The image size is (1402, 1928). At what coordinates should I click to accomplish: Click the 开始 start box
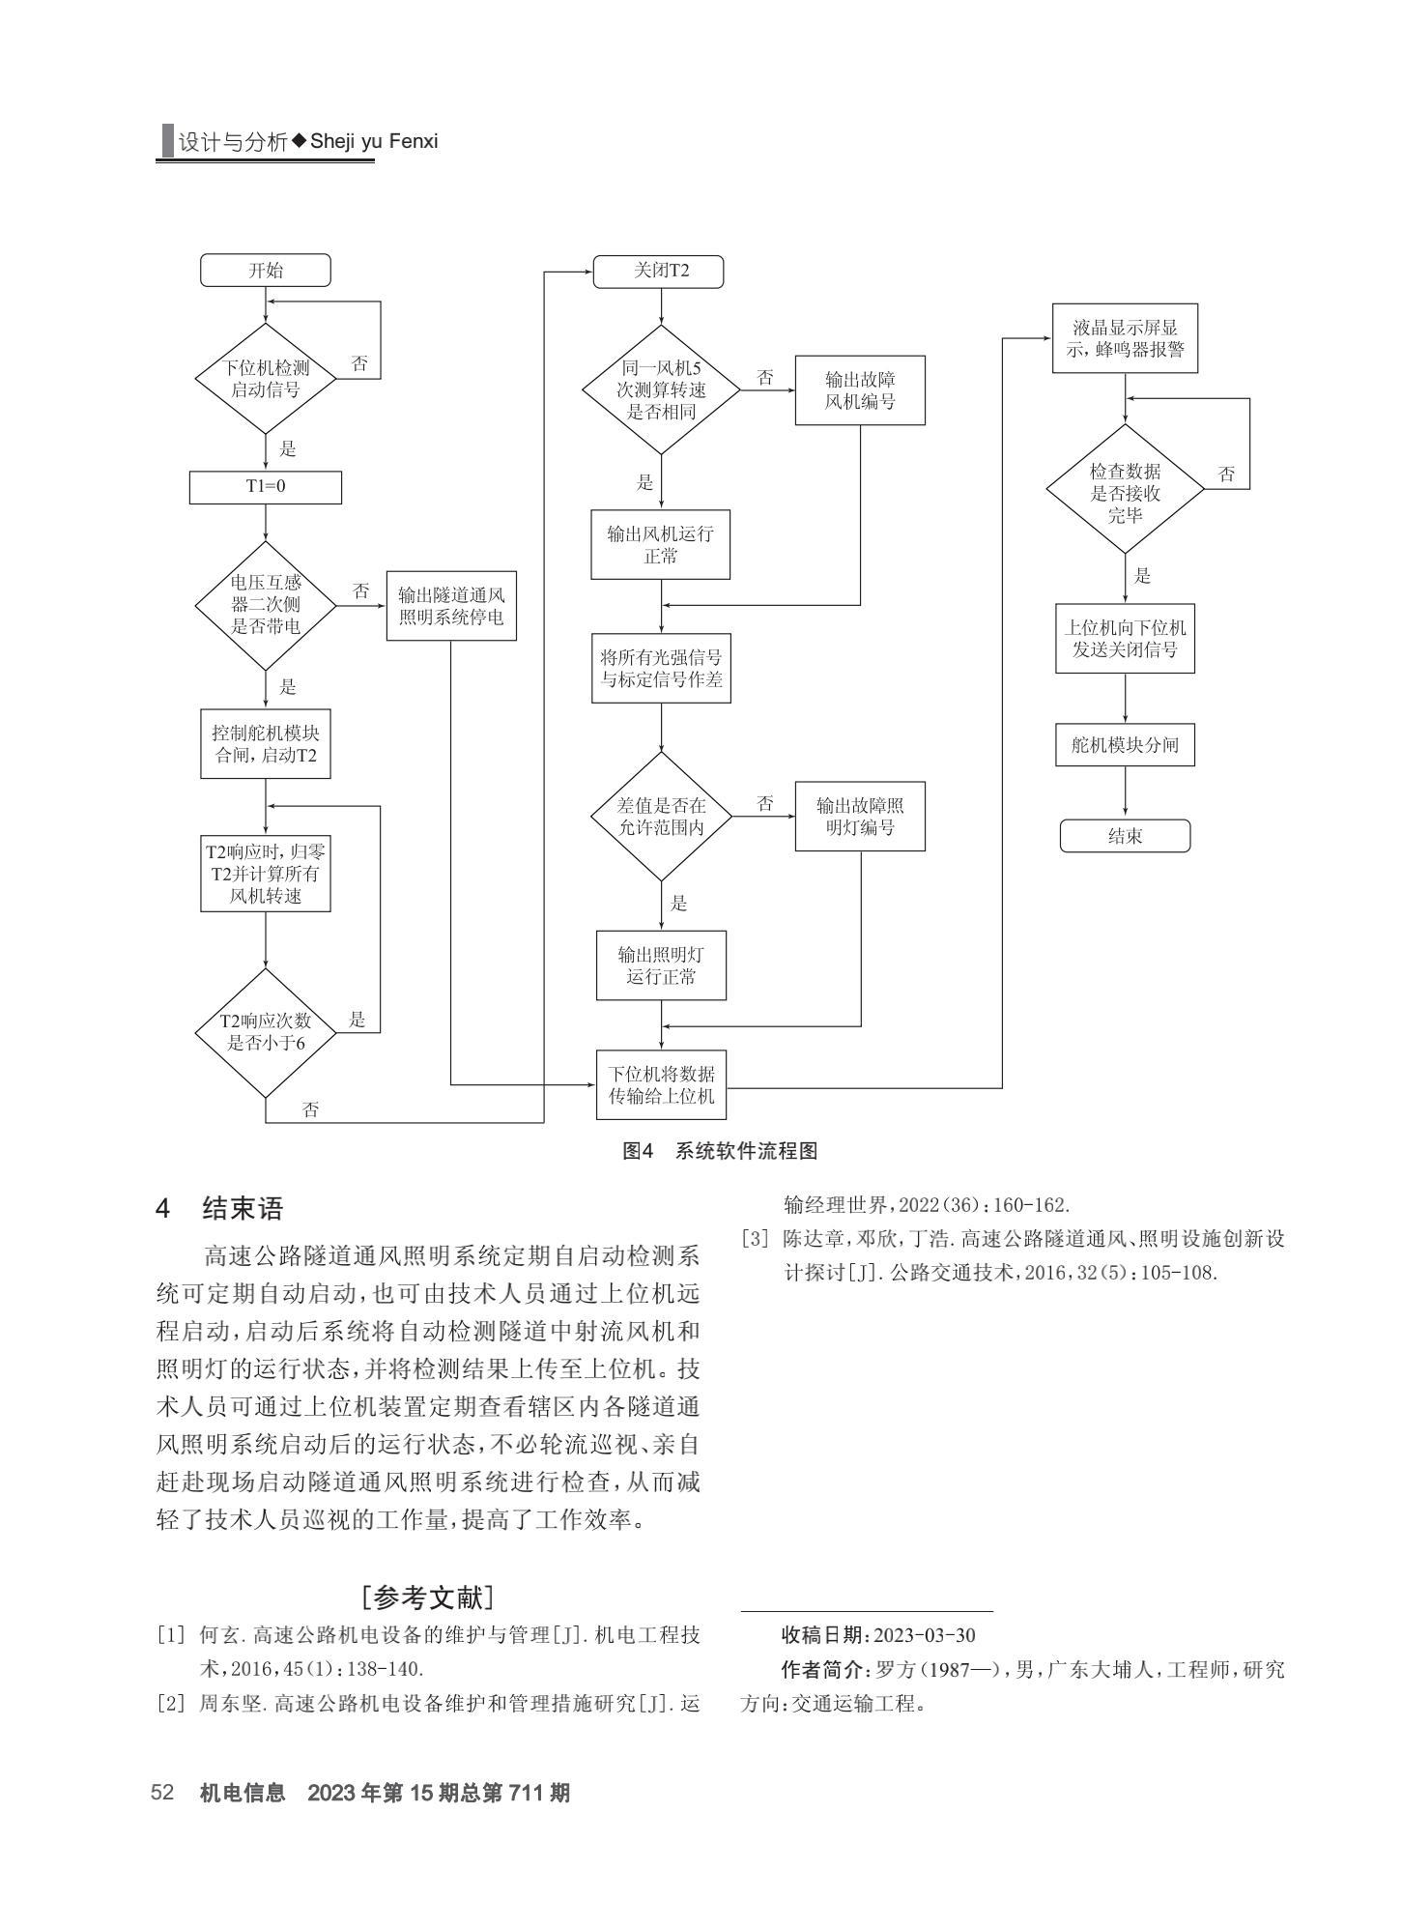point(265,271)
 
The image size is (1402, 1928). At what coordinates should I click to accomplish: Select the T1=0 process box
point(265,487)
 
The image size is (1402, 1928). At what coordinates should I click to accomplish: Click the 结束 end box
point(1125,836)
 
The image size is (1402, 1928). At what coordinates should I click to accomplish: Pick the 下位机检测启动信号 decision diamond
point(266,379)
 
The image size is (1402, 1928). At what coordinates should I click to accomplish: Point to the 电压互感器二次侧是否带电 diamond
point(266,605)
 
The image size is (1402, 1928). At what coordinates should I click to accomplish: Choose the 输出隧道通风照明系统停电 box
point(451,606)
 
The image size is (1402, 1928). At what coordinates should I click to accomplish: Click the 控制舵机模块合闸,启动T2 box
point(266,744)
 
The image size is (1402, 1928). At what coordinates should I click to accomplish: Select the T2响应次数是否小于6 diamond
point(266,1033)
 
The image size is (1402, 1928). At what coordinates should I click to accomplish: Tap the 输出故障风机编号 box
point(860,390)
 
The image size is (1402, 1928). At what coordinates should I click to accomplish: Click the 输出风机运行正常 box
point(661,545)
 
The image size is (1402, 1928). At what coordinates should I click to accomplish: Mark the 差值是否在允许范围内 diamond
point(662,817)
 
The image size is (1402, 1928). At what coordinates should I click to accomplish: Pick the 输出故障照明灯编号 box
point(860,817)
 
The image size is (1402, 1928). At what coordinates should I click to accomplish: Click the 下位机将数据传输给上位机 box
point(662,1085)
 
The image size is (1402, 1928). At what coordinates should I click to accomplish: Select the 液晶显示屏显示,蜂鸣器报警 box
point(1125,338)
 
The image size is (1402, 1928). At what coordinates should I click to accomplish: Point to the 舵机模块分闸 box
point(1125,746)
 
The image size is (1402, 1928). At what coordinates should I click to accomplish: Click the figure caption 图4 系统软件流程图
point(720,1151)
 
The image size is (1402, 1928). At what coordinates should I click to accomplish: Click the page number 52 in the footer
point(161,1793)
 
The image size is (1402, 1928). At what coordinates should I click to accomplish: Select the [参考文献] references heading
point(427,1597)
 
